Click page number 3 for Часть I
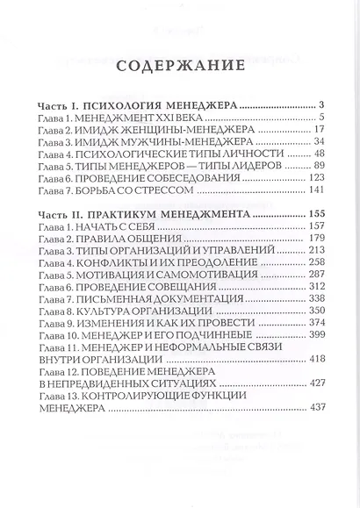pyautogui.click(x=323, y=104)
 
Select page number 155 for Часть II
pyautogui.click(x=316, y=213)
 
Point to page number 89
pyautogui.click(x=319, y=165)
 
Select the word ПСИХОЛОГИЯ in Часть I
pyautogui.click(x=126, y=104)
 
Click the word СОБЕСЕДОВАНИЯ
pyautogui.click(x=197, y=178)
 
